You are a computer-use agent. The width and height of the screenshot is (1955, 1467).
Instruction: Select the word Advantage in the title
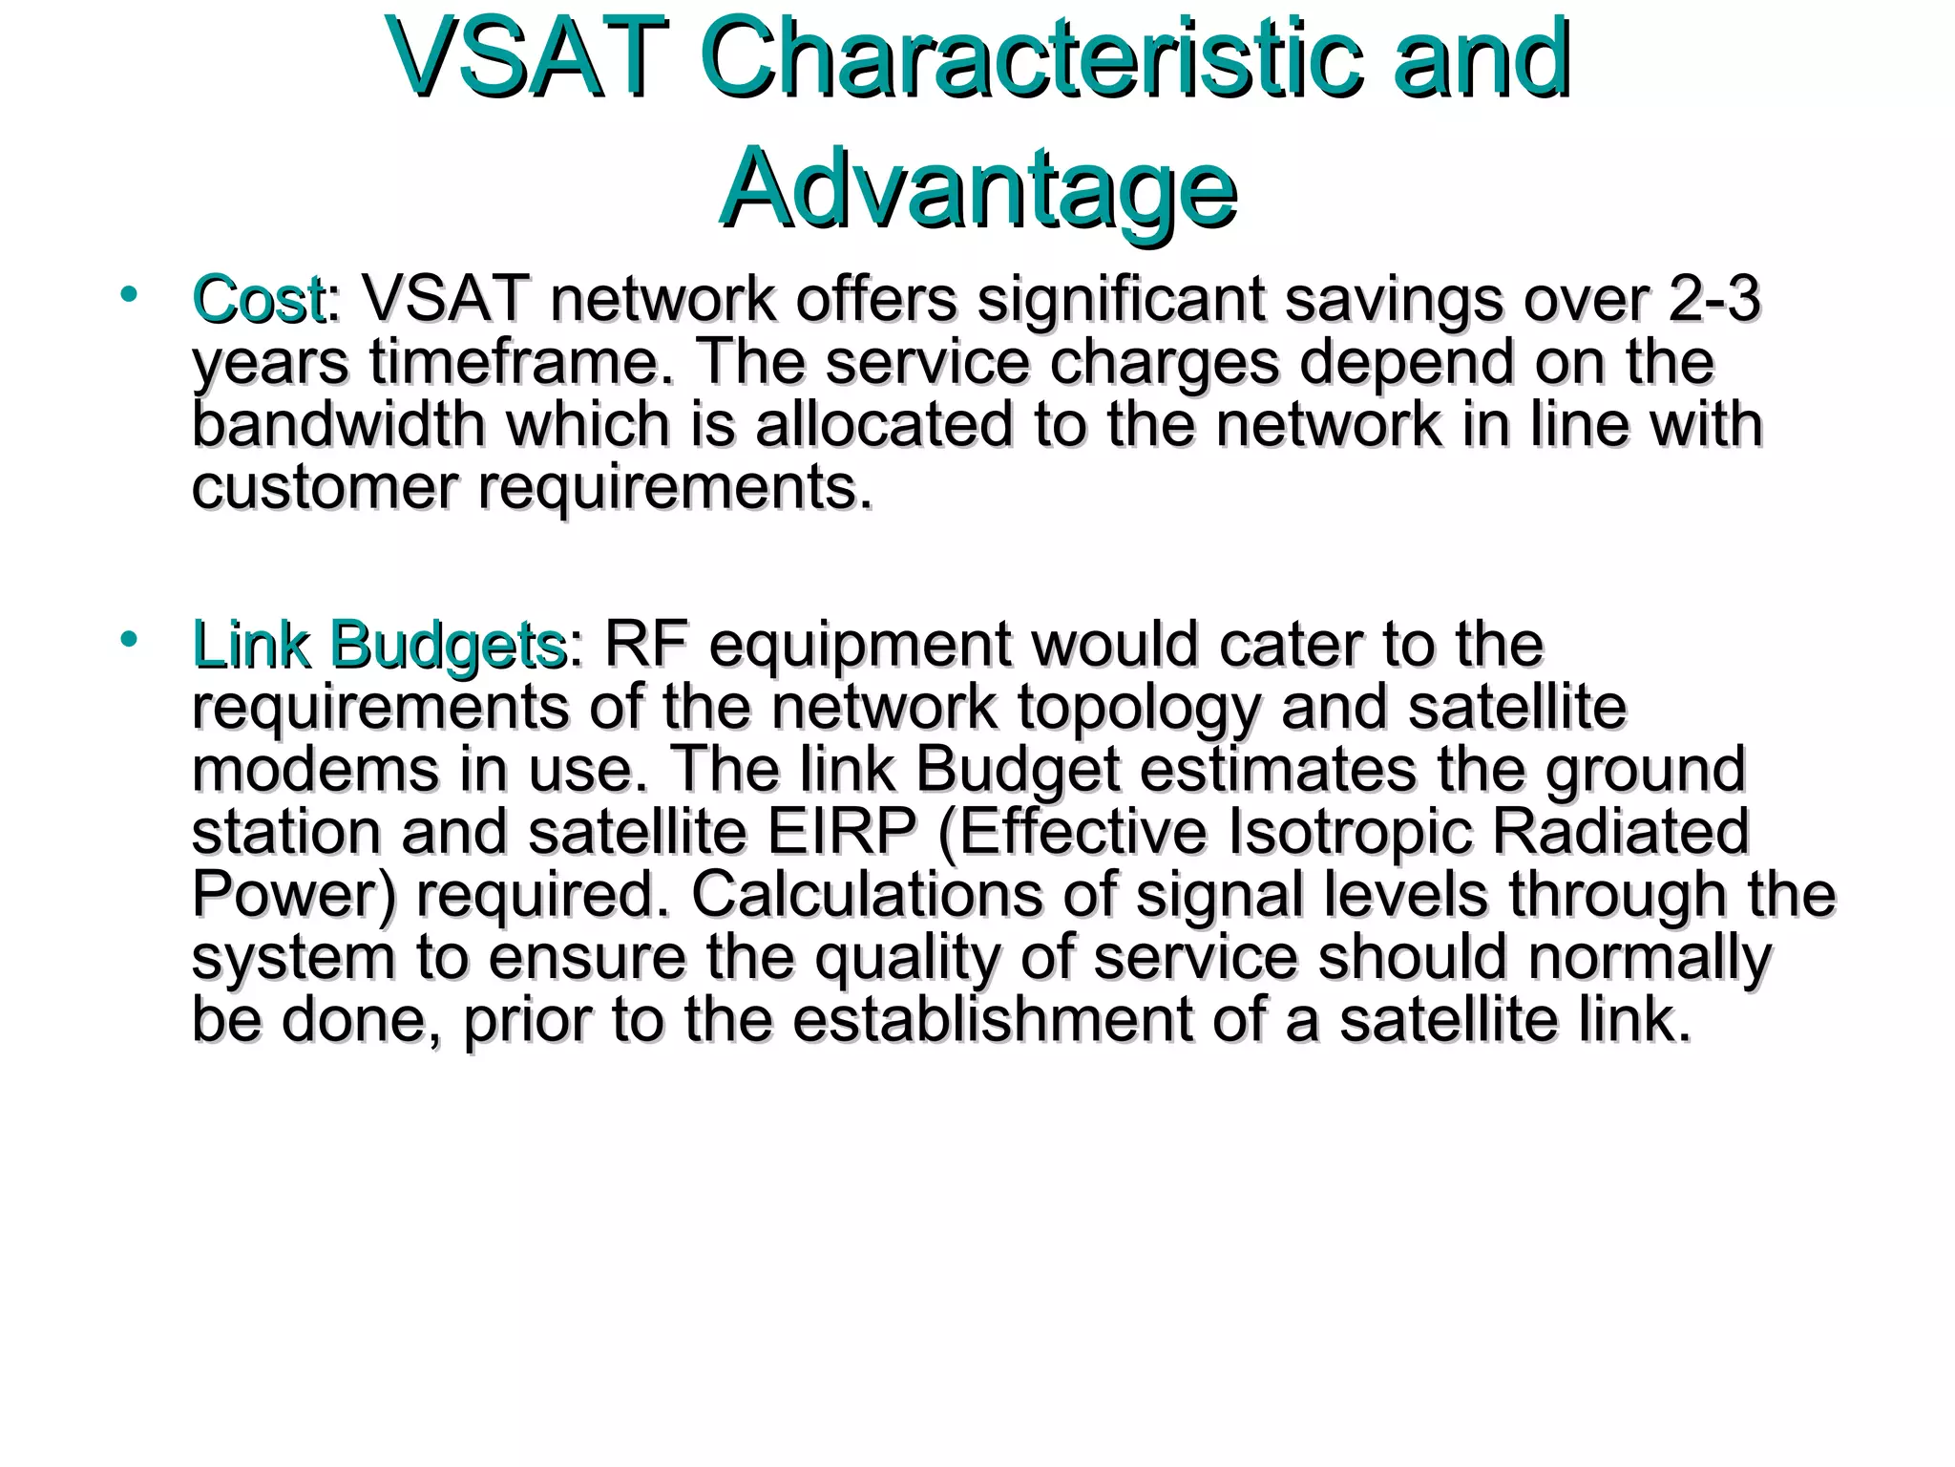(x=977, y=188)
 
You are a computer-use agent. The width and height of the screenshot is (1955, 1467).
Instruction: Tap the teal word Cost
(x=258, y=299)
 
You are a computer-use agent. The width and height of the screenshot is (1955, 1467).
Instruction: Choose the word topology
(x=1138, y=709)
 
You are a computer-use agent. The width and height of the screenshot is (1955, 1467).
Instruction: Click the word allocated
(x=884, y=425)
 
